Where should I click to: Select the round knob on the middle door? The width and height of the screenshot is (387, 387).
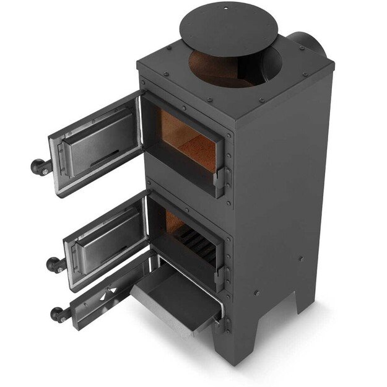tap(55, 264)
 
